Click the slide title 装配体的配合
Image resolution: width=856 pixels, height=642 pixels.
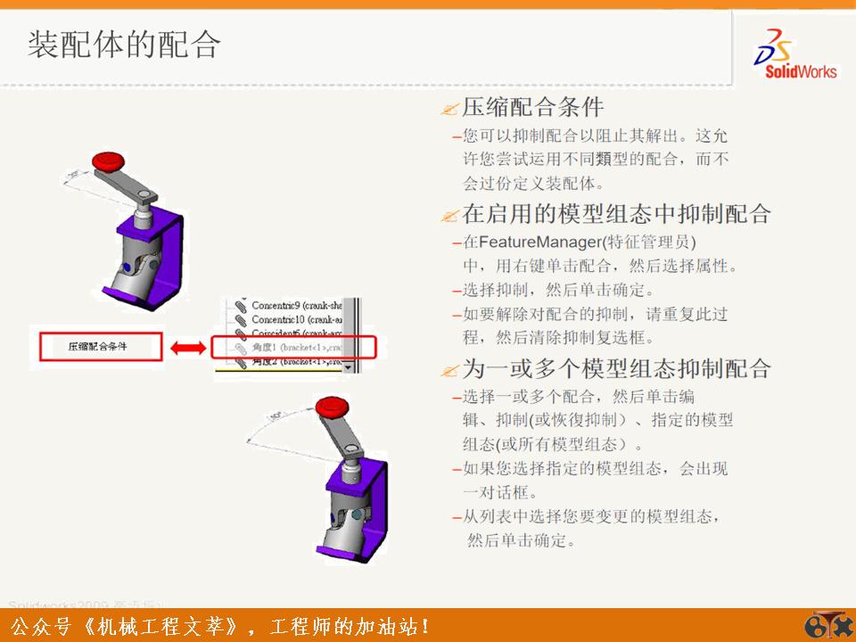[x=123, y=45]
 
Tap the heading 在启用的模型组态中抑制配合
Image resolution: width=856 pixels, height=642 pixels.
[x=615, y=214]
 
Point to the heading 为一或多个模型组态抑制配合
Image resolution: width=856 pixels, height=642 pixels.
[x=615, y=369]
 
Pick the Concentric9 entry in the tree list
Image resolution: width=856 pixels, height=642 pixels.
[x=285, y=305]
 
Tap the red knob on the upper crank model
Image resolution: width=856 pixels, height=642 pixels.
[x=111, y=161]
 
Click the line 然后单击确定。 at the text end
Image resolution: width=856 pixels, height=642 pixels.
[x=521, y=540]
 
